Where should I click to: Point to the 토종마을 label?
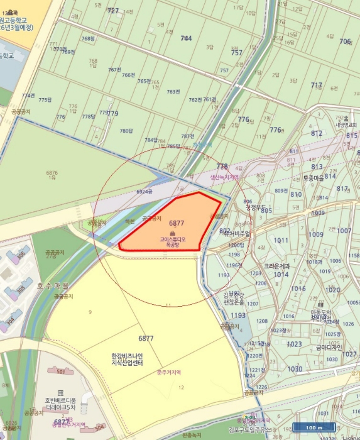316,178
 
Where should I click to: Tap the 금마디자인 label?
329,346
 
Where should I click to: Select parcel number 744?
186,38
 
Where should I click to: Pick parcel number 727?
113,11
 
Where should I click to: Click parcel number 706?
345,41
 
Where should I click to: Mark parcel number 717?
316,85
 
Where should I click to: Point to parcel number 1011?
281,240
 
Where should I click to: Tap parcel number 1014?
280,275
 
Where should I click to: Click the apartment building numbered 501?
60,371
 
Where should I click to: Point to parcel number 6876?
52,173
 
